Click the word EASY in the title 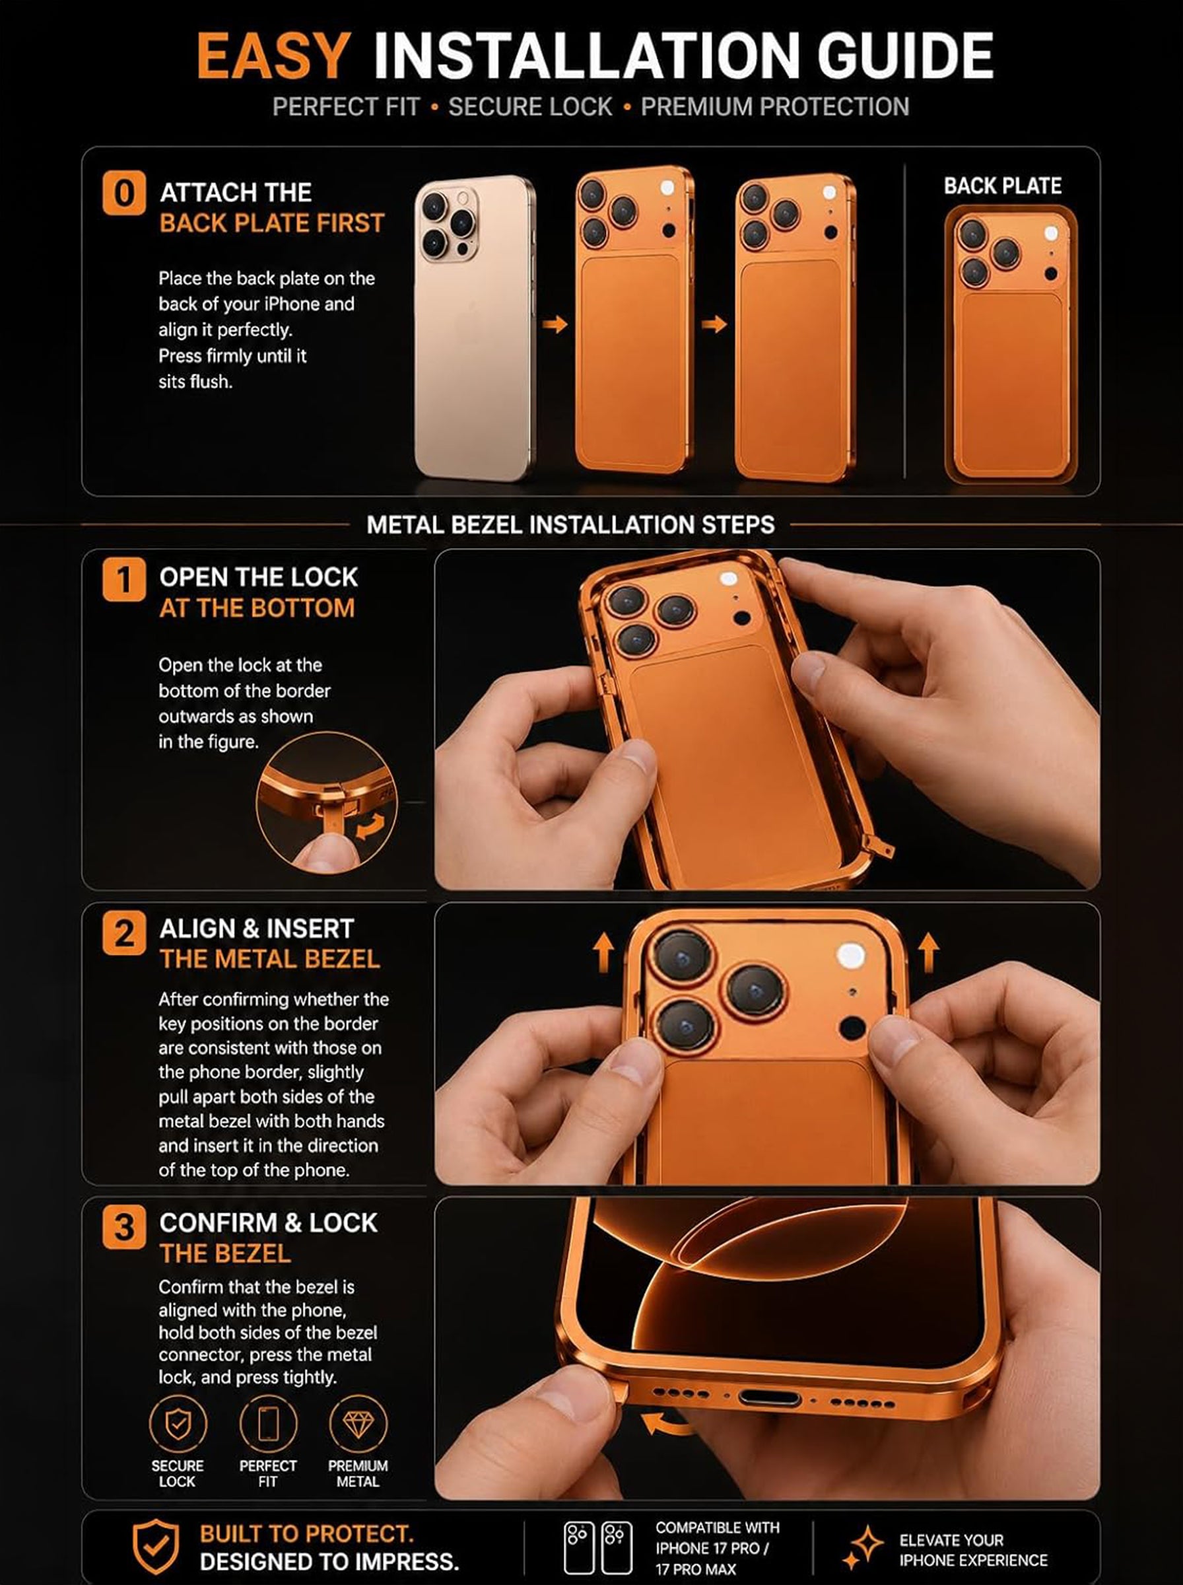point(273,56)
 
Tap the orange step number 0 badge point(124,193)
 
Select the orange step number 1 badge point(124,579)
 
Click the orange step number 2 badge point(124,933)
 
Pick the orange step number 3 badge point(124,1226)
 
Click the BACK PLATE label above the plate point(1002,186)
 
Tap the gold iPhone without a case point(474,328)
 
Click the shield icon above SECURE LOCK point(178,1425)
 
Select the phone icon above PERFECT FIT point(268,1425)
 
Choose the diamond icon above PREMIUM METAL point(358,1425)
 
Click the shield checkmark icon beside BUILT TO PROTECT point(155,1547)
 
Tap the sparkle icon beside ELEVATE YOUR point(862,1547)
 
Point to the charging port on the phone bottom point(769,1397)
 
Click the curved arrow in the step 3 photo point(667,1425)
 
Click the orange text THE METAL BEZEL point(269,959)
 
